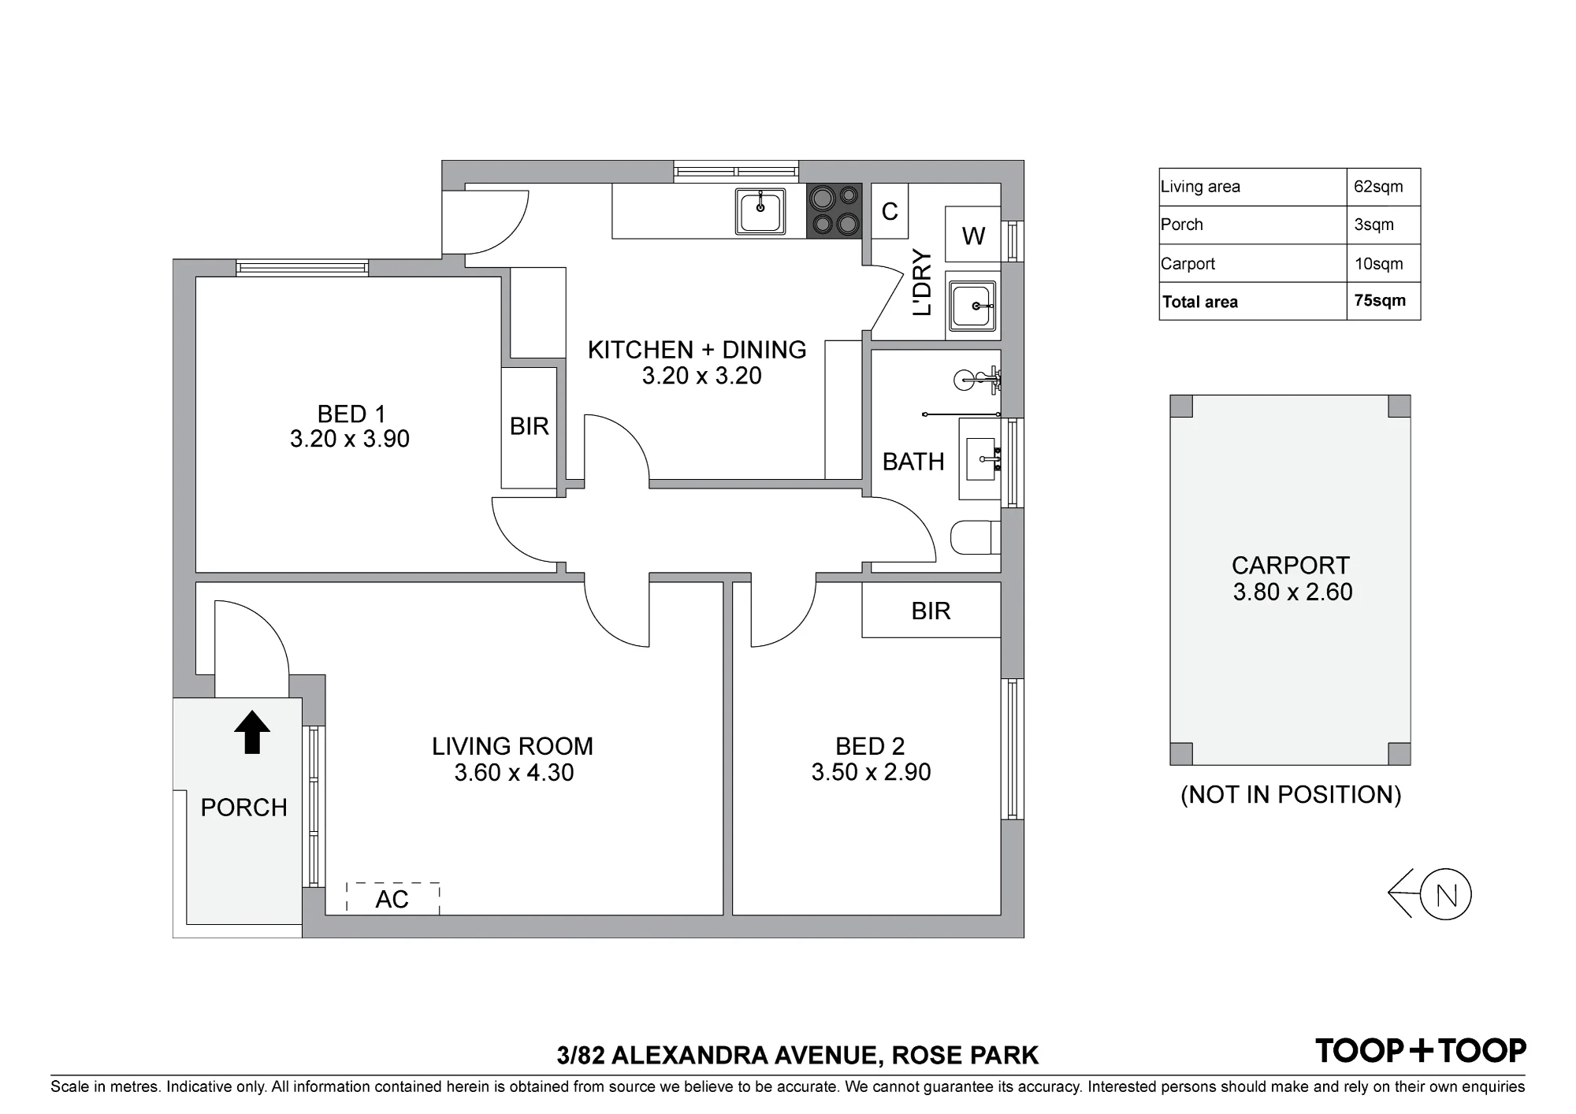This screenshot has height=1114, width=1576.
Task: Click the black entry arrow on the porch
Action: pyautogui.click(x=252, y=732)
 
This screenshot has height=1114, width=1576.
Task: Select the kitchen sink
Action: pyautogui.click(x=760, y=211)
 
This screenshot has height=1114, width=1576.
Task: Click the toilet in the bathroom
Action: pyautogui.click(x=976, y=539)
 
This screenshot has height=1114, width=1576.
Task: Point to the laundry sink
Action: pyautogui.click(x=973, y=306)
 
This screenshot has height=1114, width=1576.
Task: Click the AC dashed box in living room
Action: pyautogui.click(x=392, y=898)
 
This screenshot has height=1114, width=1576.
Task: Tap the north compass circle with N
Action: pyautogui.click(x=1447, y=895)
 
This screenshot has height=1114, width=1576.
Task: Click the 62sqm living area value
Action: pyautogui.click(x=1379, y=187)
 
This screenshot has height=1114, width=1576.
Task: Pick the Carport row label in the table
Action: pyautogui.click(x=1188, y=264)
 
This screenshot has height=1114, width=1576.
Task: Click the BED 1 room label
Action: pyautogui.click(x=351, y=414)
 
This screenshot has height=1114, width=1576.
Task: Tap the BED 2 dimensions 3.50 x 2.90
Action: pyautogui.click(x=871, y=772)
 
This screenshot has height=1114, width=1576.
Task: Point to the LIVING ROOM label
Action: pyautogui.click(x=512, y=746)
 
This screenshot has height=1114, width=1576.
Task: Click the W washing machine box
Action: pyautogui.click(x=973, y=235)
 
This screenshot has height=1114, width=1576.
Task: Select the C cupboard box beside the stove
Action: pyautogui.click(x=890, y=211)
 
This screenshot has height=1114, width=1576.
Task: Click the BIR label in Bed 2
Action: pyautogui.click(x=931, y=611)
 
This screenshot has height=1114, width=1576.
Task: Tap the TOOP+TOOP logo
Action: pyautogui.click(x=1421, y=1050)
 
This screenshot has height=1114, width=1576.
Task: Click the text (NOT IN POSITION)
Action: pyautogui.click(x=1291, y=795)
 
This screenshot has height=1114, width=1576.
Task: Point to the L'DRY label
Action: pyautogui.click(x=922, y=283)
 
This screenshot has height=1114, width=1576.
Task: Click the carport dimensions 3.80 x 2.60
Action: pyautogui.click(x=1292, y=592)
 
